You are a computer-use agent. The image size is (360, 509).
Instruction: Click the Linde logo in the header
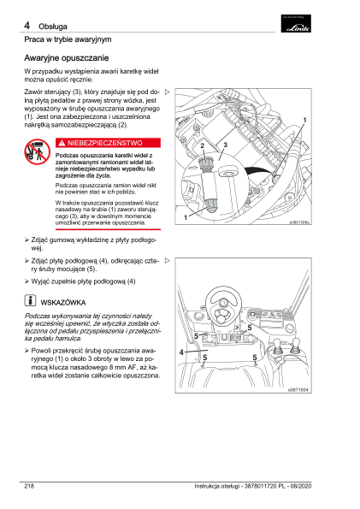click(296, 23)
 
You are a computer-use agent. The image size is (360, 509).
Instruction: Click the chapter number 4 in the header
click(27, 26)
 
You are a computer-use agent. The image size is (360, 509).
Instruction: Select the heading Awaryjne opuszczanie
click(66, 58)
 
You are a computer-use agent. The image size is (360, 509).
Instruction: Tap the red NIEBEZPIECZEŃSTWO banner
click(108, 143)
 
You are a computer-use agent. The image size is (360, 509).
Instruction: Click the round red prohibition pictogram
click(37, 151)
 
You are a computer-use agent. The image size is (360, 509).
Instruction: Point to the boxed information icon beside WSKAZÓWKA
click(30, 300)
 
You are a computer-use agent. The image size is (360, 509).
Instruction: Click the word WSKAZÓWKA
click(63, 303)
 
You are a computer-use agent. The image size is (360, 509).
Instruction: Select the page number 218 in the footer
click(29, 486)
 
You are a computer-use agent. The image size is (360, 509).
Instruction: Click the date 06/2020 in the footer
click(301, 486)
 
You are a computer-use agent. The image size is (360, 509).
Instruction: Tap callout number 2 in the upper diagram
click(203, 145)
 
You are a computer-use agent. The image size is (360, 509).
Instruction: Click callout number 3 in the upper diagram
click(225, 145)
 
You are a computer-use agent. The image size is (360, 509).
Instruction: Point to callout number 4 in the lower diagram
click(181, 352)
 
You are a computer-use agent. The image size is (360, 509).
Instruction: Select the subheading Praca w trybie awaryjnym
click(68, 39)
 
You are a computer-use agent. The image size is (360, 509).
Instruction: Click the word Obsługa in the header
click(53, 27)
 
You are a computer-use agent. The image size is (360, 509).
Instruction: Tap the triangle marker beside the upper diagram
click(168, 92)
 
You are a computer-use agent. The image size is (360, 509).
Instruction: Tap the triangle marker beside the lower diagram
click(168, 260)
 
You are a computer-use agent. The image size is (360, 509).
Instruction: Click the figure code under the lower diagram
click(298, 389)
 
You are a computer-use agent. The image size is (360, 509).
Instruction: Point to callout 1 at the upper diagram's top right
click(304, 120)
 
